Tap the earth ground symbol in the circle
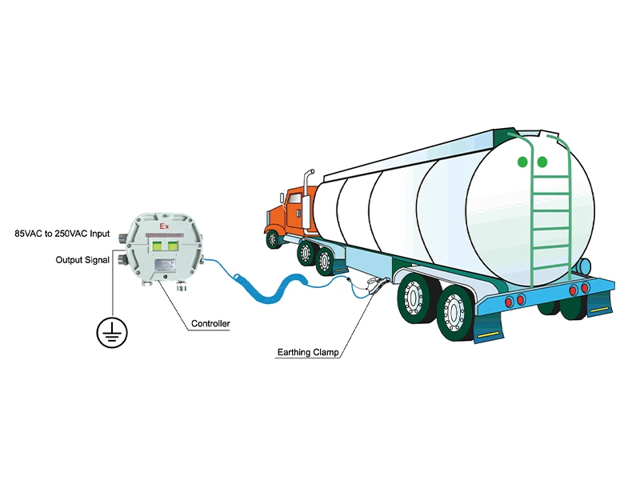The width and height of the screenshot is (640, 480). (x=112, y=330)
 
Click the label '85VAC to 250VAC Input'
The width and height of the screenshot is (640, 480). (x=62, y=234)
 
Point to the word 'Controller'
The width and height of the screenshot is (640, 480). (x=210, y=324)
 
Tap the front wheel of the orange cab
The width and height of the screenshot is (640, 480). (x=274, y=238)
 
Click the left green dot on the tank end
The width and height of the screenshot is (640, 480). (x=522, y=162)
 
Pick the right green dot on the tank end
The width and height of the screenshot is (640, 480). (x=542, y=162)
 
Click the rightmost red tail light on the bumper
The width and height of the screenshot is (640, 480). (x=586, y=287)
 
